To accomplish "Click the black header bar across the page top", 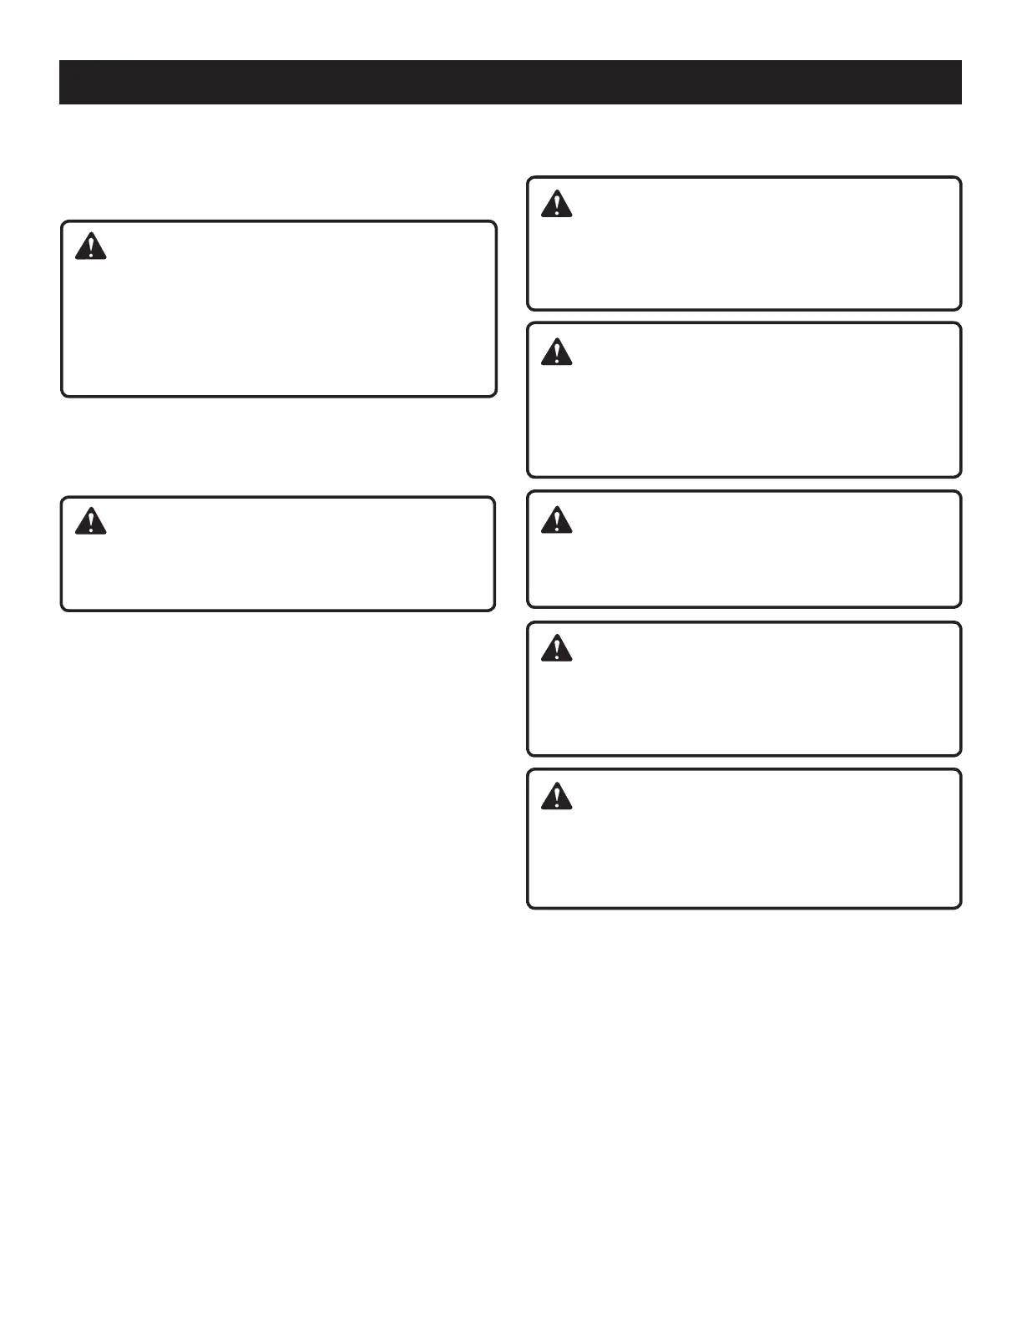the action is click(510, 82).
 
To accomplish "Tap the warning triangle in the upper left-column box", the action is click(90, 247).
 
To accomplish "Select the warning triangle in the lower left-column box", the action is click(90, 522).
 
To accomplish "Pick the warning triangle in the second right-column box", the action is click(556, 352).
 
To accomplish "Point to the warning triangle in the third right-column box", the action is click(556, 520).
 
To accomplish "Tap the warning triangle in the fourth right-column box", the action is click(556, 648).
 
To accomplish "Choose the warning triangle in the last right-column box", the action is click(556, 796).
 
